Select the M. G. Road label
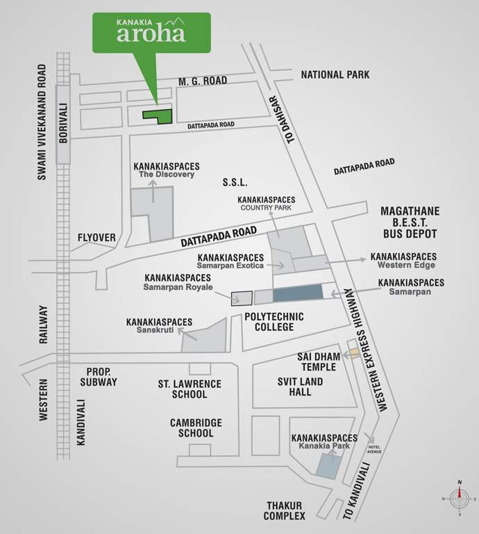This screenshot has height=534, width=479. click(x=203, y=81)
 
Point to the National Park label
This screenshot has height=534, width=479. click(x=335, y=74)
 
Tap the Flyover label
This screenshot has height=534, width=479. click(x=96, y=238)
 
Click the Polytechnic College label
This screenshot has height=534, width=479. click(x=274, y=321)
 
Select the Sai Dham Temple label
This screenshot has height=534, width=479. click(x=319, y=362)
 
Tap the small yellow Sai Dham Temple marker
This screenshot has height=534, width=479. click(x=354, y=353)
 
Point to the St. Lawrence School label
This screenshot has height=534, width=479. click(x=189, y=389)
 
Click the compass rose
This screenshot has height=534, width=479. click(x=459, y=498)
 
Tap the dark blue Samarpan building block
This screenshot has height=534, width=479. click(x=298, y=293)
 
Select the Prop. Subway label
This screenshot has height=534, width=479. click(x=98, y=377)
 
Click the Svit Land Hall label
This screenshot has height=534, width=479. click(x=301, y=387)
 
